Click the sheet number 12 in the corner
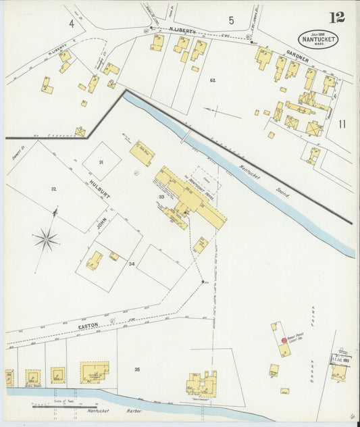pos(336,17)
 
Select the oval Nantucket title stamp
pos(318,39)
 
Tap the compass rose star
pos(46,237)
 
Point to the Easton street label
pos(88,326)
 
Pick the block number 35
pos(137,370)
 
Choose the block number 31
pos(101,162)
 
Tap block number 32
pos(53,188)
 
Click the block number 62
pos(212,80)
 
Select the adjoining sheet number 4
pos(70,23)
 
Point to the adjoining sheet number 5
pos(231,20)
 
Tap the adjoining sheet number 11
pos(342,124)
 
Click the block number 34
pos(132,263)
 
